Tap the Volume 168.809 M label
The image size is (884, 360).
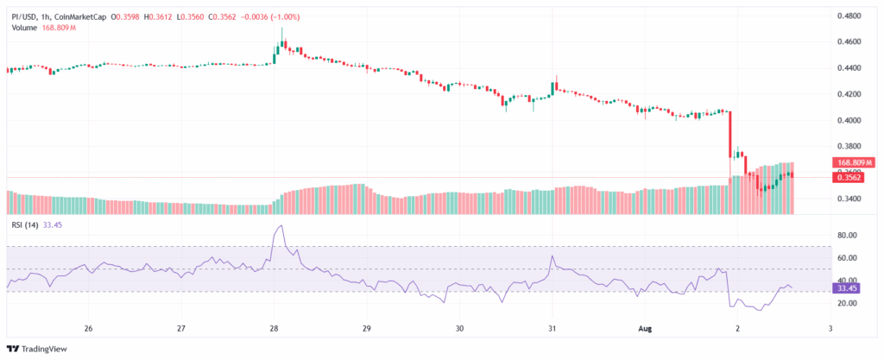tap(43, 28)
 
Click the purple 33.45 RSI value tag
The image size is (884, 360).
tap(847, 289)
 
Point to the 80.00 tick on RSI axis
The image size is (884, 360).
tap(847, 235)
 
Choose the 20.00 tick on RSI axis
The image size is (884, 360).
tap(847, 304)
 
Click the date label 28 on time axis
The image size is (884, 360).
tap(274, 329)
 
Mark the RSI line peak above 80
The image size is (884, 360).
tap(279, 226)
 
